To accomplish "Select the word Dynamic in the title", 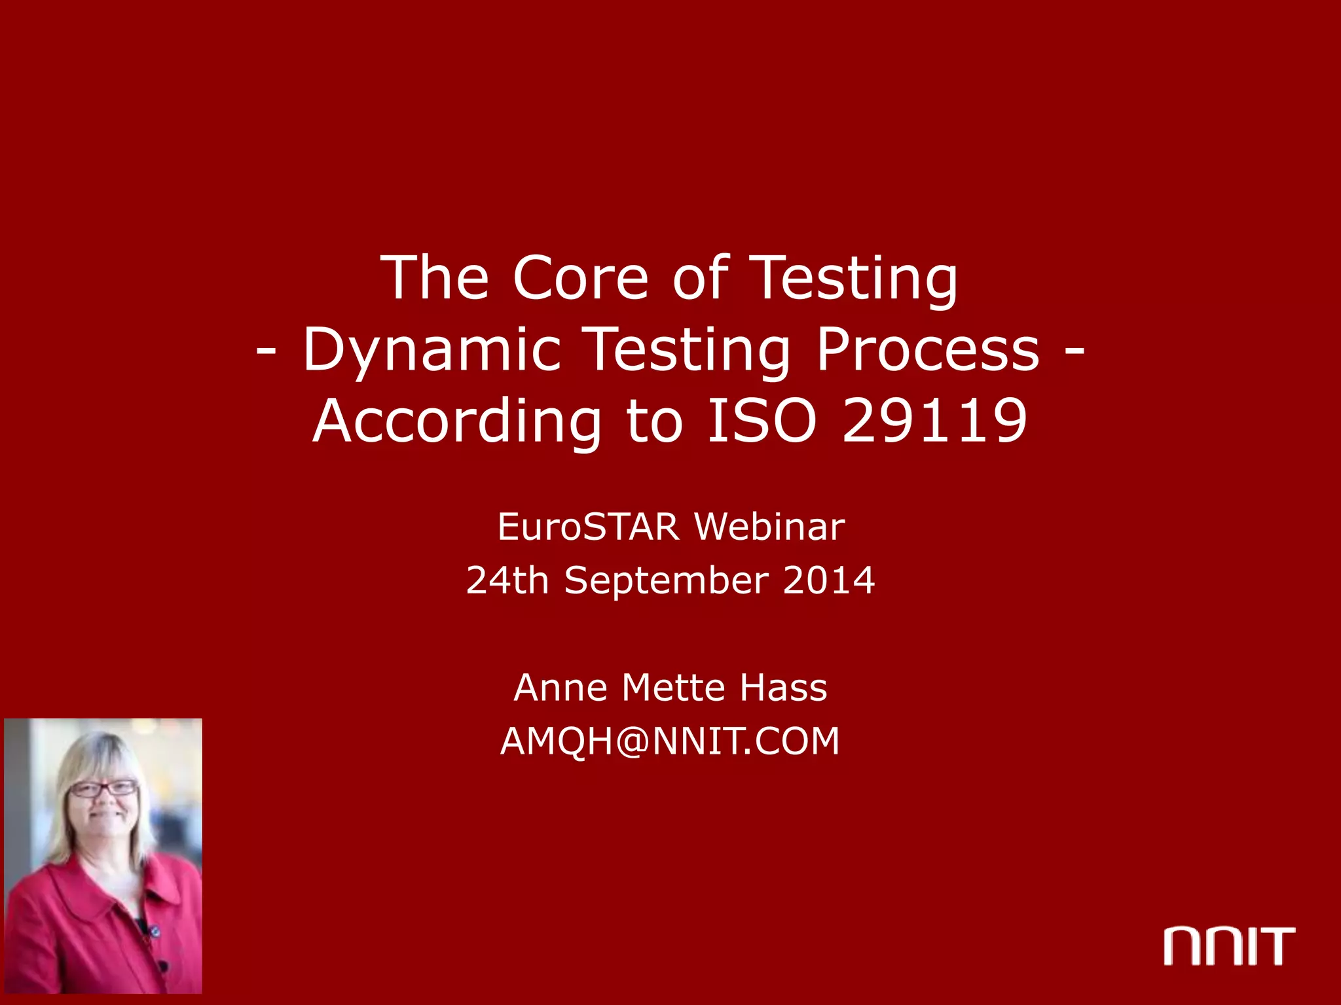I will click(x=432, y=350).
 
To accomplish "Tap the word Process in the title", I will click(x=928, y=350).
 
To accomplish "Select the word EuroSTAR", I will click(x=589, y=527).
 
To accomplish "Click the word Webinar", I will click(x=769, y=527).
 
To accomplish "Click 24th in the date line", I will click(x=507, y=580).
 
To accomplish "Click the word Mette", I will click(x=673, y=688).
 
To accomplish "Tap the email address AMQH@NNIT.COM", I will click(x=670, y=741).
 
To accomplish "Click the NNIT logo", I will click(x=1229, y=946).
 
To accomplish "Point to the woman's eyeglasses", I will click(x=103, y=788).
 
